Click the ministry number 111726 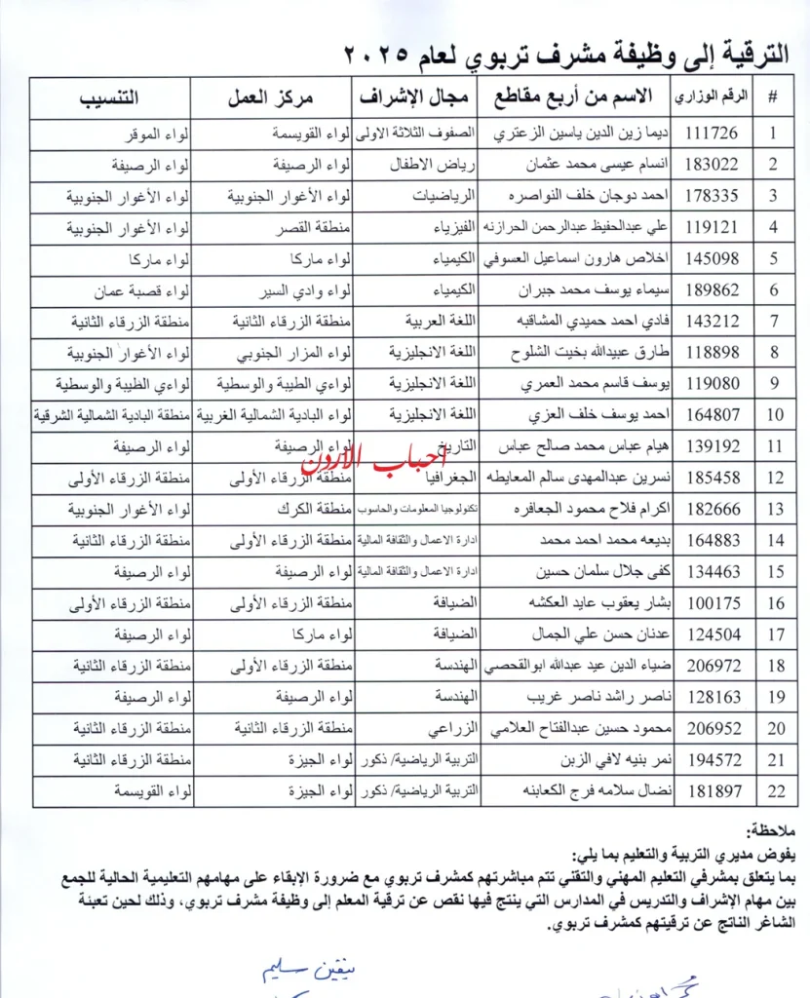[713, 134]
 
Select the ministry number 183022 [713, 165]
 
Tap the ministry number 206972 [713, 667]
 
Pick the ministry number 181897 [713, 791]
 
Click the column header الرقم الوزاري [713, 96]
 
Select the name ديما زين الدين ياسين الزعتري [583, 134]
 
